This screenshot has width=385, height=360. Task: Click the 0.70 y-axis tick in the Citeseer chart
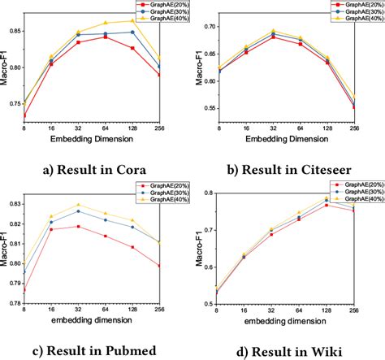tap(208, 27)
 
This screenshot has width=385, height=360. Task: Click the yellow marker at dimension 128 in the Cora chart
tap(132, 21)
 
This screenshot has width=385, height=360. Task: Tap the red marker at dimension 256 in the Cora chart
tap(158, 75)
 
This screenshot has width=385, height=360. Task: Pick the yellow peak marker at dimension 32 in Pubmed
tap(79, 205)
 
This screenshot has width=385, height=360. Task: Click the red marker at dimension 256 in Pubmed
tap(158, 265)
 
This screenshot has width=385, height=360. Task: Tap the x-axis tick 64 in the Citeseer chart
tap(301, 128)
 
